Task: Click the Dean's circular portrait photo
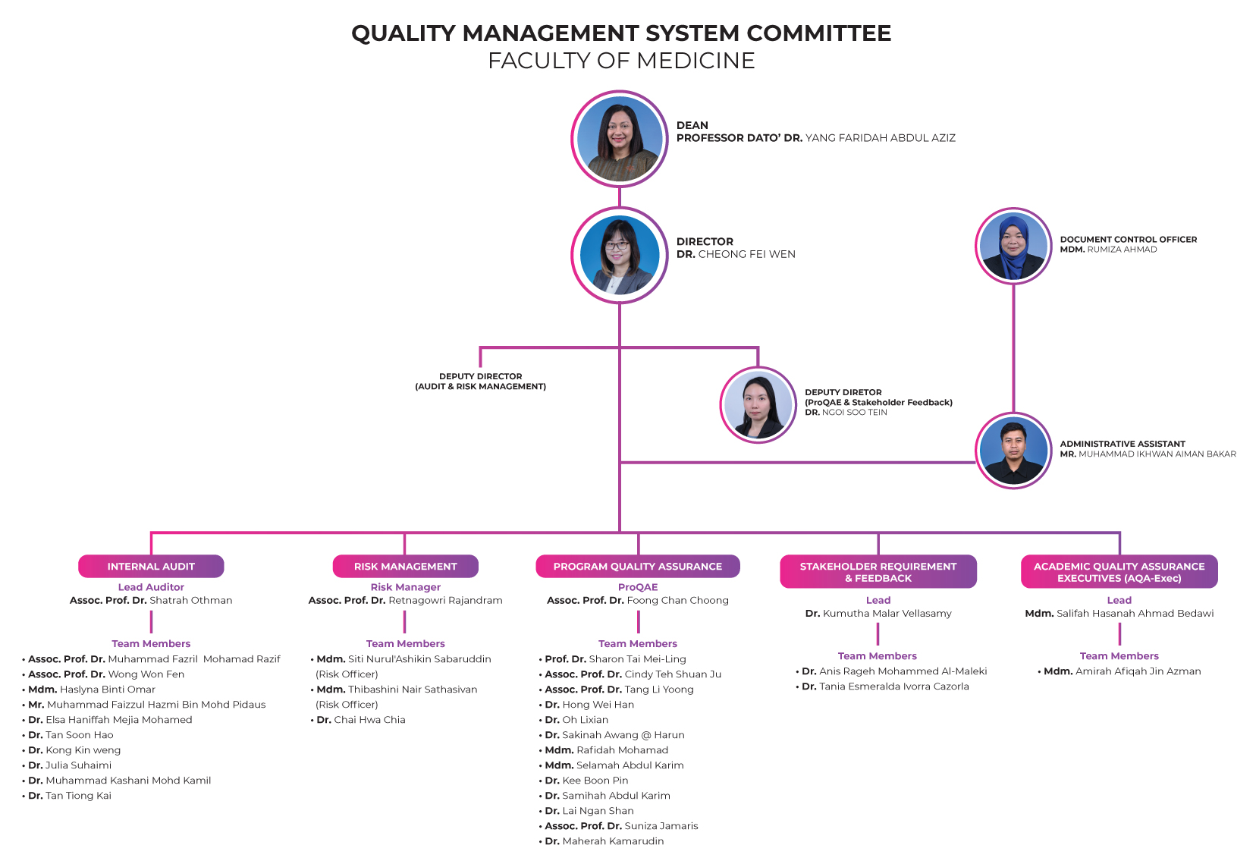(619, 139)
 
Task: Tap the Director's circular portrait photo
(619, 255)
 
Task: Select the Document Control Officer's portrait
(1013, 246)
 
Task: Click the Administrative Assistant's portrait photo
(1013, 451)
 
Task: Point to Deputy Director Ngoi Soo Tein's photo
(758, 405)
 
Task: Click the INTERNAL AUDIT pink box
(151, 567)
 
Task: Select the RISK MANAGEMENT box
(406, 567)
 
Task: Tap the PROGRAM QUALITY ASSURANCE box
(638, 567)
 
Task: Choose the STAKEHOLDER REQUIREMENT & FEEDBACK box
(878, 572)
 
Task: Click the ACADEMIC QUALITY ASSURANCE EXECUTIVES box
(1119, 572)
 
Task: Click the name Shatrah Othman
(190, 601)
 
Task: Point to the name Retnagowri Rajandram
(445, 601)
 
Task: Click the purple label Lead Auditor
(151, 587)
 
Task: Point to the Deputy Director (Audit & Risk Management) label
(481, 382)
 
